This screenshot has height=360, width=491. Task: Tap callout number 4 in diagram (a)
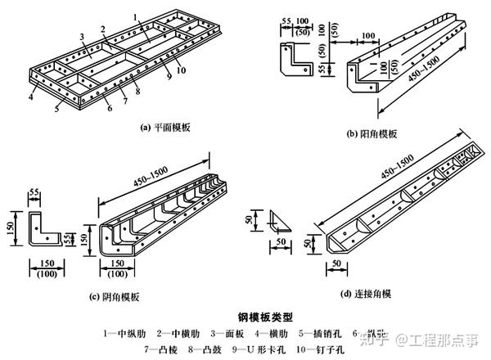[x=29, y=97]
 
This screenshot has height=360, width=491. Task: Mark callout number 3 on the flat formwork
[x=83, y=37]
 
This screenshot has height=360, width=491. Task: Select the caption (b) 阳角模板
[x=372, y=133]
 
